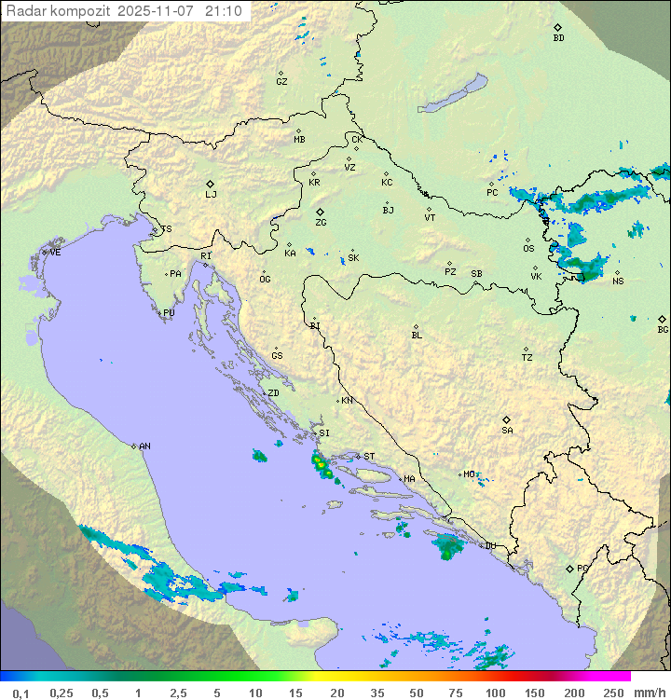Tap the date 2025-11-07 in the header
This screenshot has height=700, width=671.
click(x=159, y=11)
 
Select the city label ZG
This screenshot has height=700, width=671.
click(x=321, y=223)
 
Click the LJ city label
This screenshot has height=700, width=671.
click(x=211, y=195)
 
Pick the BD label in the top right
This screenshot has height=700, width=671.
click(x=558, y=38)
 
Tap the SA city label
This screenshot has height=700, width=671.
click(x=507, y=431)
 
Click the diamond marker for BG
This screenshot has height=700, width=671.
click(x=662, y=319)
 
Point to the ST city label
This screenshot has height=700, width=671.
click(x=369, y=457)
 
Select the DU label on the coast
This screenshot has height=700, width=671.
click(x=489, y=546)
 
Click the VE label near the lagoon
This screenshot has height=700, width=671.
click(x=55, y=253)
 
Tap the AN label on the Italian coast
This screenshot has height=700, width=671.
click(x=144, y=446)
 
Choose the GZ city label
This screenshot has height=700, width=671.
click(x=281, y=82)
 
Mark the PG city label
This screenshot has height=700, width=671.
click(x=582, y=568)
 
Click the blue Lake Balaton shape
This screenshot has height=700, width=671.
click(x=453, y=95)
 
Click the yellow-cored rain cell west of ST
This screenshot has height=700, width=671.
click(x=321, y=463)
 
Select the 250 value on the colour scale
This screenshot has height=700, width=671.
click(x=613, y=693)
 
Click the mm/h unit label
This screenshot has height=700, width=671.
click(x=649, y=693)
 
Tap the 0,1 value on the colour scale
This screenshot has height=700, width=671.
click(x=21, y=693)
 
